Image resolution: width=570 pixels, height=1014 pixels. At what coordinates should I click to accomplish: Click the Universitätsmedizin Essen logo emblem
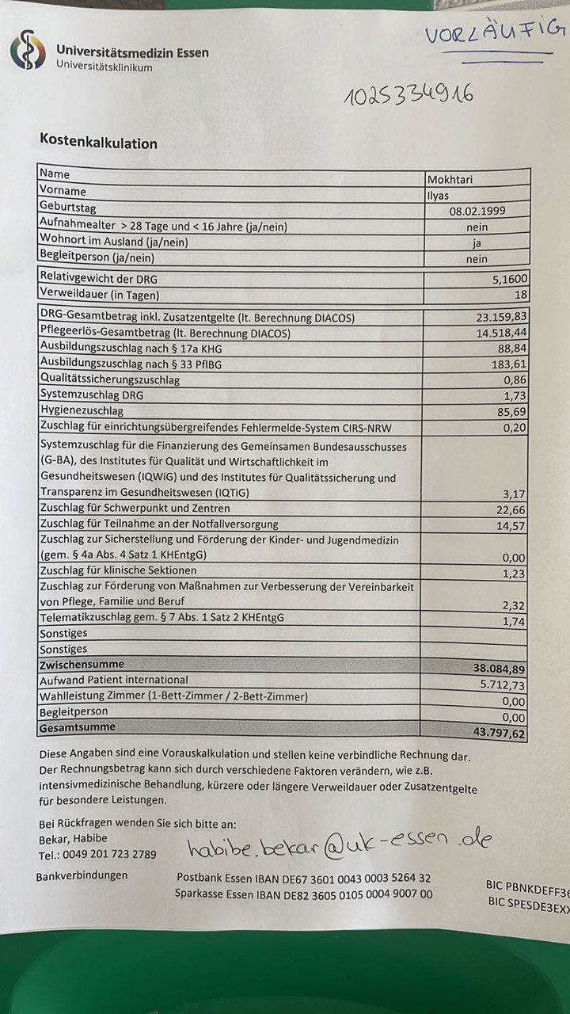click(28, 49)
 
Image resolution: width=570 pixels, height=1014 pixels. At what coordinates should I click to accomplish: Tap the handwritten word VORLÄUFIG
click(496, 33)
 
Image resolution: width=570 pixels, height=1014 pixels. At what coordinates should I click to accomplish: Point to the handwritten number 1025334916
click(408, 95)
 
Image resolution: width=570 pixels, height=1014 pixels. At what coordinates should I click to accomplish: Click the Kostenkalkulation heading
click(98, 143)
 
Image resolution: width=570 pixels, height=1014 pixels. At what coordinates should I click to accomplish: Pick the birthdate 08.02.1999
click(477, 211)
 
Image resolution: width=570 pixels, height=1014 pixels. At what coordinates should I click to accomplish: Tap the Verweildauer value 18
click(519, 295)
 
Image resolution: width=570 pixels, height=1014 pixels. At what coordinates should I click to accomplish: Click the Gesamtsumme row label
click(77, 727)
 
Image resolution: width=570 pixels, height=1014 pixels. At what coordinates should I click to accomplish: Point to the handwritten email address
click(339, 844)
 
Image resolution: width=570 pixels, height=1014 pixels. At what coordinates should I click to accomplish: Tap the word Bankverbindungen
click(82, 876)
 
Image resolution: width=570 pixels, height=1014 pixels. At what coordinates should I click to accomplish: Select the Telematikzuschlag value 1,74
click(514, 622)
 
